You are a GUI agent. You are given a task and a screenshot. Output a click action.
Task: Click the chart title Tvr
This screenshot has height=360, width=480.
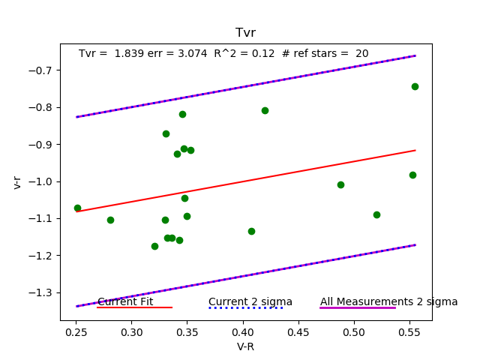tap(245, 33)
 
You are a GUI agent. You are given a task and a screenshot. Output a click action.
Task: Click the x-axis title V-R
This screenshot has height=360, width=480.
tap(245, 346)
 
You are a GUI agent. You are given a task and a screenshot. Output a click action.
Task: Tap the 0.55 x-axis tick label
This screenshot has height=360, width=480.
tap(409, 330)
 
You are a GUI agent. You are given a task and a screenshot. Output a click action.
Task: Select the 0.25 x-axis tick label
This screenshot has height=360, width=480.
tap(76, 330)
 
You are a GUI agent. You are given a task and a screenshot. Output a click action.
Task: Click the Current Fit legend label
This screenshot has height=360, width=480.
tap(125, 301)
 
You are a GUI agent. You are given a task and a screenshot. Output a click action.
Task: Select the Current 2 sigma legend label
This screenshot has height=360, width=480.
tap(250, 301)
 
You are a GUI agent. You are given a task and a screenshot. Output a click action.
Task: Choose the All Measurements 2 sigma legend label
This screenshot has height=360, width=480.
tap(388, 301)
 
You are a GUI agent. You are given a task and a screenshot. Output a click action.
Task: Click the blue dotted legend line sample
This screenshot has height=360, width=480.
tap(245, 307)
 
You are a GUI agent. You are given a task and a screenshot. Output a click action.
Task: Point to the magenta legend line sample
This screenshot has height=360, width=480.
tap(357, 307)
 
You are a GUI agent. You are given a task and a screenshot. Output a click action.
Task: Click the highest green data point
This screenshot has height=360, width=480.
tap(415, 86)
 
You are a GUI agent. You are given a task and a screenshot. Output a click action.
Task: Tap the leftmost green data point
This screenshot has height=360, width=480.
tap(77, 208)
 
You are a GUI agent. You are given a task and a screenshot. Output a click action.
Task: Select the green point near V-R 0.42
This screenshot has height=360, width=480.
tap(265, 110)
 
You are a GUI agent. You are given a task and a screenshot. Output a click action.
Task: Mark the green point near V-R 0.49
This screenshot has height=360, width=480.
tap(340, 184)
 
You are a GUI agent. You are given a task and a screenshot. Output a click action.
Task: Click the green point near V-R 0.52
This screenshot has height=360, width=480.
tap(376, 214)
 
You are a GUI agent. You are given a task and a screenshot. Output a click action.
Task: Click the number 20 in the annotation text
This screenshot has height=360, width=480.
tap(361, 54)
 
